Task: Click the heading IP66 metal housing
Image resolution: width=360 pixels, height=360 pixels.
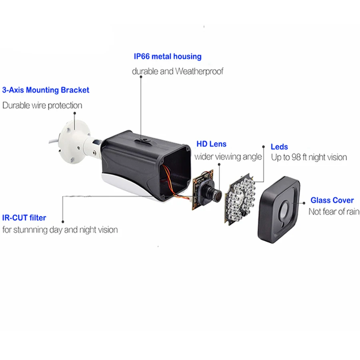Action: coord(168,56)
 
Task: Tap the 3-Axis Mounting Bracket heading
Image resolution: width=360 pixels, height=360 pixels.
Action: coord(46,90)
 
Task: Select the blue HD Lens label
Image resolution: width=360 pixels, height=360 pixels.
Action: coord(211,144)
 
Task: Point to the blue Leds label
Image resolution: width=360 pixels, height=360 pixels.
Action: coord(279,147)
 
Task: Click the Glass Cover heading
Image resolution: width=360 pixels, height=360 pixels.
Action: coord(332,200)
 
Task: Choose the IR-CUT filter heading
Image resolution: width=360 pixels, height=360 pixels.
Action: coord(24,218)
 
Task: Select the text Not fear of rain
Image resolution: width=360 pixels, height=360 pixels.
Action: coord(334,212)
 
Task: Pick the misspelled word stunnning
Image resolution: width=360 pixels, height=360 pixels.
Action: coord(43,230)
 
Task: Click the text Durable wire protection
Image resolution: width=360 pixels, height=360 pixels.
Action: coord(42,105)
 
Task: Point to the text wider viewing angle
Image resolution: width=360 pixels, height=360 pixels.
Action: coord(228,156)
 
